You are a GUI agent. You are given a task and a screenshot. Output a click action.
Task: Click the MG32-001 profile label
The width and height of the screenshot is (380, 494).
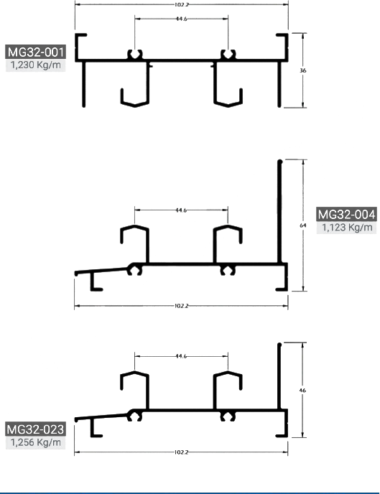pos(35,52)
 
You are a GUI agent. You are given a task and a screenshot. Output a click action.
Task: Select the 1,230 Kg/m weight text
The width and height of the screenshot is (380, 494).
pos(35,65)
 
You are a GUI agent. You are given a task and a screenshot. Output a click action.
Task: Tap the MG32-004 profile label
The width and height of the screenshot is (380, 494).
pos(346,214)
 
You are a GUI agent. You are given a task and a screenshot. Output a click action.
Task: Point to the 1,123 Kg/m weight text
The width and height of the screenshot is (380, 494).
pos(347,227)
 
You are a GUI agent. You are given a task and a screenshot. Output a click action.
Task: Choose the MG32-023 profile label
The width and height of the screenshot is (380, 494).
pos(35,429)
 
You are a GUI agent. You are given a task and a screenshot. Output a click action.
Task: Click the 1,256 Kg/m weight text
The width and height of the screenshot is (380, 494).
pos(35,442)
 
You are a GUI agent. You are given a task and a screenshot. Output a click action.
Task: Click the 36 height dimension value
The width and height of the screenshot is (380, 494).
pos(303,70)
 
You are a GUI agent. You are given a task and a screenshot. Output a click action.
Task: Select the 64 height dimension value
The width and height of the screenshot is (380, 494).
pos(303,225)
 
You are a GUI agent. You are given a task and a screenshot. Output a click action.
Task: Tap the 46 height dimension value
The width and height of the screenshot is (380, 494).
pos(302,391)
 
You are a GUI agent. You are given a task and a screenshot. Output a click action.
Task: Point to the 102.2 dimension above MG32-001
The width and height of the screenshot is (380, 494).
pos(182,5)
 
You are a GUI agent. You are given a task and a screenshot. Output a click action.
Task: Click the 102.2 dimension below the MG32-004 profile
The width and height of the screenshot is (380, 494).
pos(181,306)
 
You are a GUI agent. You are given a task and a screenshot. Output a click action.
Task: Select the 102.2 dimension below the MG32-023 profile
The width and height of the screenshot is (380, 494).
pos(181,452)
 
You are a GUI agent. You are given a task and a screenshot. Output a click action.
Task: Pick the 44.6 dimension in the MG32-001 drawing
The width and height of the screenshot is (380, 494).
pos(182,19)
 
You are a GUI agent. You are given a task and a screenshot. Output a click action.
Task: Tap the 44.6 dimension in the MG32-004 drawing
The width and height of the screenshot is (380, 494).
pos(181,210)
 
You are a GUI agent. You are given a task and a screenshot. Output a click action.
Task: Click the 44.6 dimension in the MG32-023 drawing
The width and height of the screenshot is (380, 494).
pos(181,356)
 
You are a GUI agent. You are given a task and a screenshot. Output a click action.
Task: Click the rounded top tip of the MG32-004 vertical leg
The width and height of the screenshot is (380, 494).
pos(280,162)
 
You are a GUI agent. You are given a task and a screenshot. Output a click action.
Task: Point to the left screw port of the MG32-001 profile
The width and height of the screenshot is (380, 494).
pos(135,55)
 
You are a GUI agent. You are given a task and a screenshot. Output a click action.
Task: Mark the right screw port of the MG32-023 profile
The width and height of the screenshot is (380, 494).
pos(228,416)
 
